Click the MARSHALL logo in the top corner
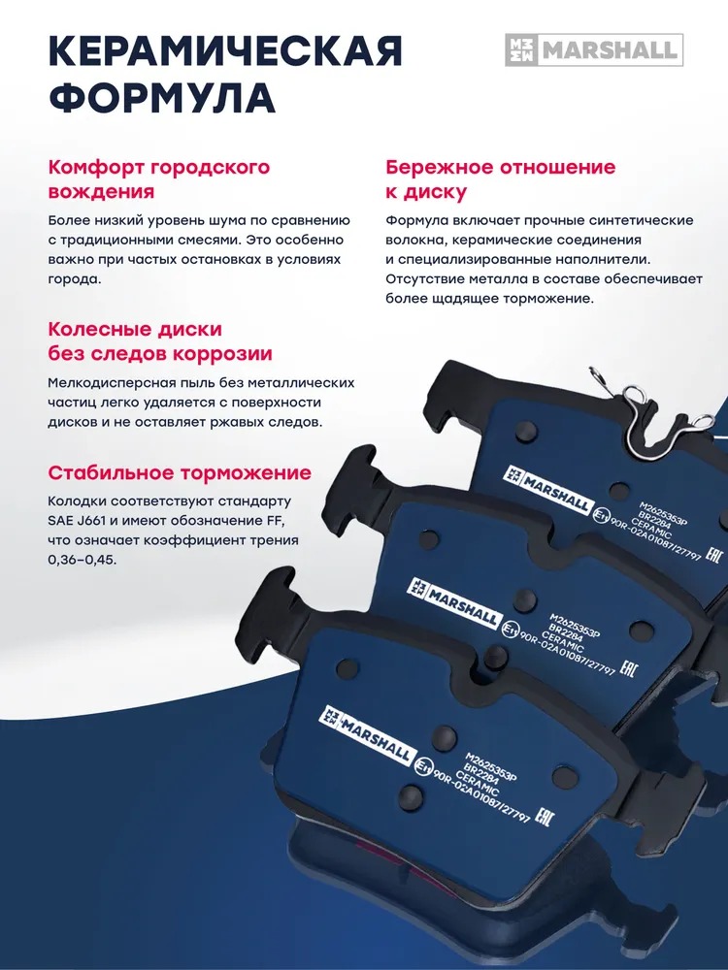point(594,50)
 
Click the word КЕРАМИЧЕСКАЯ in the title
point(225,51)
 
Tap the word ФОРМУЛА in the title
point(162,96)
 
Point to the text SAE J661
point(76,521)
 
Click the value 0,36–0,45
point(82,561)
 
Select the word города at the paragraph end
point(74,279)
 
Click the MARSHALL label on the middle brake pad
point(453,603)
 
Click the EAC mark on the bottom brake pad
point(544,817)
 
